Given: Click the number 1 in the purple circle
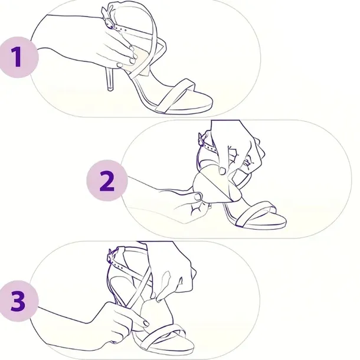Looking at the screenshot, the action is (17, 57).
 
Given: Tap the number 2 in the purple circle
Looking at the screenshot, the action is (107, 181).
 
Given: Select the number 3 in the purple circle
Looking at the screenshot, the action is (18, 301).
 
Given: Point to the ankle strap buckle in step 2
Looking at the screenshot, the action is (201, 139).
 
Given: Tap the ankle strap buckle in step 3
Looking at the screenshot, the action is (111, 257).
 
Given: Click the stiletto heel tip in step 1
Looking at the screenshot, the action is (110, 88).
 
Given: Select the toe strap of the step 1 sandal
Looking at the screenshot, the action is (175, 95).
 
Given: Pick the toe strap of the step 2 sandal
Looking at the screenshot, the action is (255, 214).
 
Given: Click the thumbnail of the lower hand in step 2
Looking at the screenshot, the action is (198, 197).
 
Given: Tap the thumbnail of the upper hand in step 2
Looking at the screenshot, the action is (222, 171).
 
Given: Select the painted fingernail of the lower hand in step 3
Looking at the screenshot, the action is (146, 323).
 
